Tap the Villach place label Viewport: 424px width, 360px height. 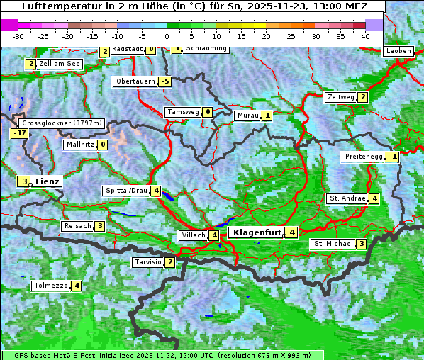[193, 235]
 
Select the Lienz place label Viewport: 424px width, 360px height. [48, 181]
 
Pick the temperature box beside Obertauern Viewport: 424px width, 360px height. [165, 81]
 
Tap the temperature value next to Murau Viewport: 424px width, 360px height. [267, 116]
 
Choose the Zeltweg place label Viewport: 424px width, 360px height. [340, 97]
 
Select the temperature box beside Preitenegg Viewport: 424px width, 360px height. [392, 157]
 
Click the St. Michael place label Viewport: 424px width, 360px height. [333, 244]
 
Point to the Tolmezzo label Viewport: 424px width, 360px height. [50, 286]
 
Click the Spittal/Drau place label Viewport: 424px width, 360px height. [126, 191]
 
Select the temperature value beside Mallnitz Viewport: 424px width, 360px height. [102, 145]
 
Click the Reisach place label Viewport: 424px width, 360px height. [78, 226]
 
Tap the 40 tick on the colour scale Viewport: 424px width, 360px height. [365, 35]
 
